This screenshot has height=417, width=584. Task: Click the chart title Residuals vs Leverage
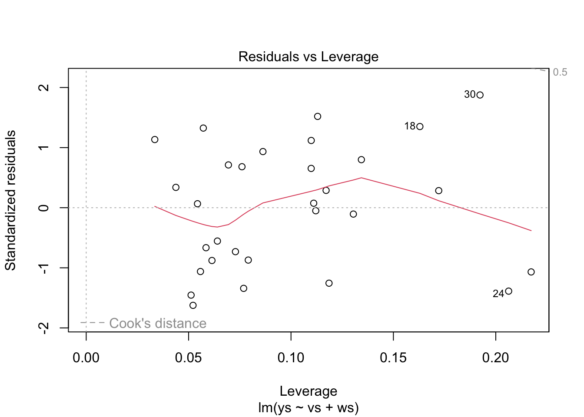[308, 57]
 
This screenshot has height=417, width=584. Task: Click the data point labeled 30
[480, 95]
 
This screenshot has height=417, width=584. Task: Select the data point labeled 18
[420, 126]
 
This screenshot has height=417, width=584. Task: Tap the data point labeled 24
[508, 291]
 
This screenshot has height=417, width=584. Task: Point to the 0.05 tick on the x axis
[188, 358]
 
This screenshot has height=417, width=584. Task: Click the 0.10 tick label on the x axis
[291, 358]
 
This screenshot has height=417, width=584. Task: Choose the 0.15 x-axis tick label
[393, 358]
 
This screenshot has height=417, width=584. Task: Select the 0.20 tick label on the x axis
[495, 358]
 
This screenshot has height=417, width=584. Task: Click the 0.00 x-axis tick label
[86, 358]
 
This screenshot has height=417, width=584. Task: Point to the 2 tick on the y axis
[44, 87]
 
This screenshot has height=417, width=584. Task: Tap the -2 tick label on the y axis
[44, 328]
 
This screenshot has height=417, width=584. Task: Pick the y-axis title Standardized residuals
[10, 200]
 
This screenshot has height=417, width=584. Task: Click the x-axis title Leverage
[308, 391]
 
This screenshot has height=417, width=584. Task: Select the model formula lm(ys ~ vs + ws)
[308, 408]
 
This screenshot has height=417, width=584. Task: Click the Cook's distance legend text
[158, 323]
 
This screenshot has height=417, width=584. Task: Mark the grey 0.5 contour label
[560, 72]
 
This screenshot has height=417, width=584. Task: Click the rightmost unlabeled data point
[531, 272]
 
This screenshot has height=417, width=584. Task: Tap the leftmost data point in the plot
[155, 139]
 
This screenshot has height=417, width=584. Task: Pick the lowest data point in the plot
[193, 305]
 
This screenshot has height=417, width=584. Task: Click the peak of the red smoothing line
[361, 178]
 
